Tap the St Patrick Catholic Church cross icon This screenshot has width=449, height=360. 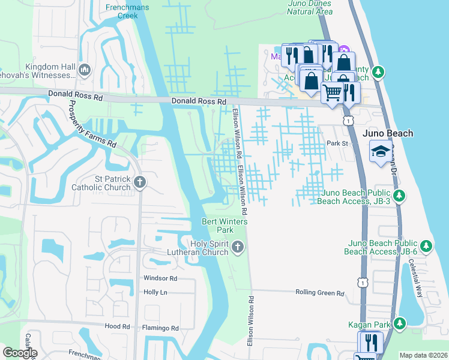(x=140, y=182)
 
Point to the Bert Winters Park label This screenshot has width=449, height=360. (x=217, y=226)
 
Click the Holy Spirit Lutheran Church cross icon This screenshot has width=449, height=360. (x=238, y=247)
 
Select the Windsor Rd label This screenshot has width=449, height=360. (x=160, y=278)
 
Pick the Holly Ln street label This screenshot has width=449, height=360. (x=155, y=292)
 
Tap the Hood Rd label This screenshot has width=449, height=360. (x=117, y=326)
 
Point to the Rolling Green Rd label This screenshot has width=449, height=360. (x=320, y=293)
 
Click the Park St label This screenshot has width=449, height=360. (x=337, y=143)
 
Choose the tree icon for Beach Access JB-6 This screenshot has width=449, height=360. (x=426, y=246)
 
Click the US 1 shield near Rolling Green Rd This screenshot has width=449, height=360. (x=361, y=281)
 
